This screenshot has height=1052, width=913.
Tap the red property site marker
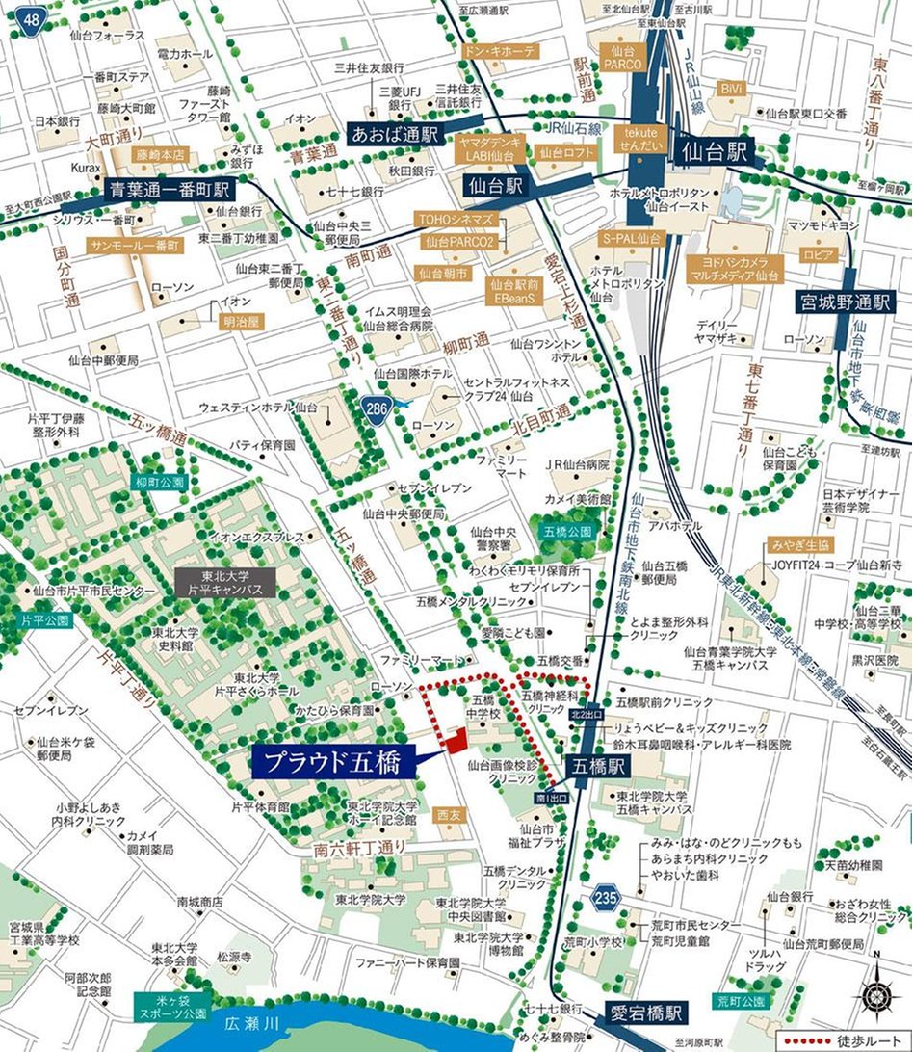coord(456,740)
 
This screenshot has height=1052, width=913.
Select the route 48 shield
coord(33,18)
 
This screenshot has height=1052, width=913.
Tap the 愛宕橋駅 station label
coord(646,1013)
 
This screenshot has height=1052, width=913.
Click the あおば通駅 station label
coord(394,133)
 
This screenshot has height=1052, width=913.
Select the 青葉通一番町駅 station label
coord(169,191)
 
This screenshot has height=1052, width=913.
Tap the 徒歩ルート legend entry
coord(838,1040)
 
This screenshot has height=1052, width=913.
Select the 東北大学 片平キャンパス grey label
coord(225,581)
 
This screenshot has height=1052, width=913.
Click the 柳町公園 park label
coord(160,482)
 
